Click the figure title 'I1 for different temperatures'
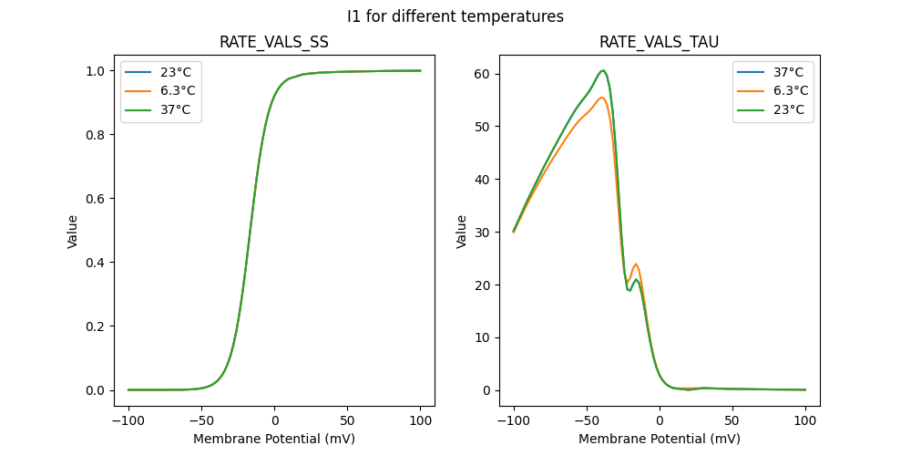(455, 16)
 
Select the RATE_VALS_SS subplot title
(274, 43)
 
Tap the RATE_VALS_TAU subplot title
(660, 43)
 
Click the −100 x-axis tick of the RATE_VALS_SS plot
(128, 420)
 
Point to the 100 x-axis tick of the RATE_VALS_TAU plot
(805, 420)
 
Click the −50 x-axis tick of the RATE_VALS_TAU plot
(587, 420)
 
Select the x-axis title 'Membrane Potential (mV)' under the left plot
(274, 439)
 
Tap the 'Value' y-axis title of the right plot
(462, 232)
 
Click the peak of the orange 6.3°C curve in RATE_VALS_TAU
(601, 98)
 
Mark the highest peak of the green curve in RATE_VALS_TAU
(603, 70)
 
